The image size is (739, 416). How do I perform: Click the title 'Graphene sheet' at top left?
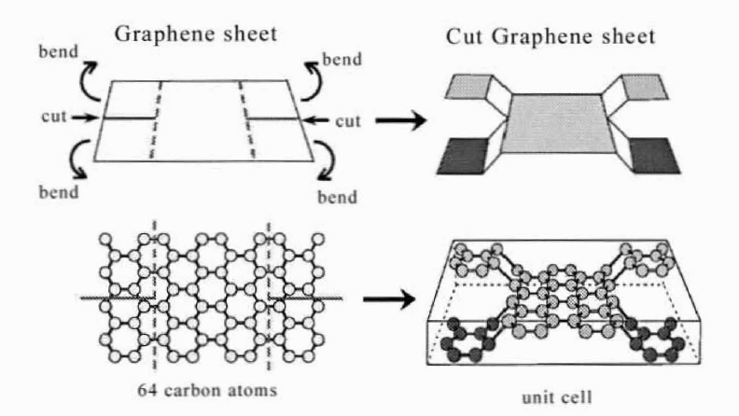click(x=196, y=35)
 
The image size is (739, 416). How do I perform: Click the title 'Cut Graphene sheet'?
click(x=551, y=36)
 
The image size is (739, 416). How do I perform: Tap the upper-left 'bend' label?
click(x=59, y=52)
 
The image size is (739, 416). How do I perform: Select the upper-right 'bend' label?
click(x=342, y=60)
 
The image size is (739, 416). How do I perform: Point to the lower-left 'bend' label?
click(x=59, y=192)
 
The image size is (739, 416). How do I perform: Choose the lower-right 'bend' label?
click(x=337, y=197)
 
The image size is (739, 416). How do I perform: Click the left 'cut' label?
click(x=54, y=117)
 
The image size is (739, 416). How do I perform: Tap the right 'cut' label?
click(x=348, y=121)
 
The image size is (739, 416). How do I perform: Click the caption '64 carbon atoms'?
click(x=207, y=390)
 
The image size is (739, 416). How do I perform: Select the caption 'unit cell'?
click(x=557, y=397)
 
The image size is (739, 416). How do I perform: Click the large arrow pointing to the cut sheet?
click(x=400, y=120)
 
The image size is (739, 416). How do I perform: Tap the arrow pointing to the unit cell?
click(x=389, y=299)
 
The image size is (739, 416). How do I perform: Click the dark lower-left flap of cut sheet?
click(x=464, y=157)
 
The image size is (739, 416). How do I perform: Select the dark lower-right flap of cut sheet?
click(x=655, y=156)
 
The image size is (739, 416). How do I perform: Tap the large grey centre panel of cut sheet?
click(x=558, y=123)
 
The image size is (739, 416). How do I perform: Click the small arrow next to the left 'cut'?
click(x=85, y=118)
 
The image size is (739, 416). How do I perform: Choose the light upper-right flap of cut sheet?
click(x=645, y=87)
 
